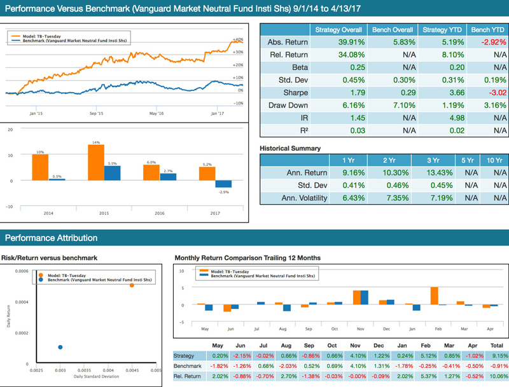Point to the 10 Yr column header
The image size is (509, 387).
(494, 160)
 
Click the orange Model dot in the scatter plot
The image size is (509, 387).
(132, 285)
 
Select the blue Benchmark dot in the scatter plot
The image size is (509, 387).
(60, 347)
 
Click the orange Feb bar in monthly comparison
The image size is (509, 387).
(435, 296)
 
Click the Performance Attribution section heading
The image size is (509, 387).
(51, 238)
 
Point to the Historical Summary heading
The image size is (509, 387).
(290, 148)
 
